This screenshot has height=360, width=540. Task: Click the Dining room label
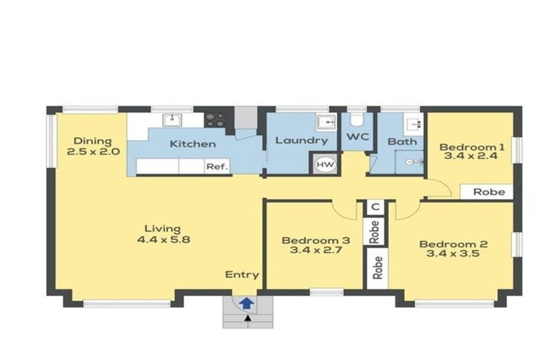coord(93,141)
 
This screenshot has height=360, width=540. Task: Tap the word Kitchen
coord(193,144)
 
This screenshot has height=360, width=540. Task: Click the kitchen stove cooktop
coord(215,120)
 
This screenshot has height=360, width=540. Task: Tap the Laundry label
coord(301,141)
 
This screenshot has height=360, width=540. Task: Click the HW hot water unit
coord(325,164)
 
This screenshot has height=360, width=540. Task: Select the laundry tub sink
coord(326,122)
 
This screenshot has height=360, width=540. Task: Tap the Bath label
coord(402,141)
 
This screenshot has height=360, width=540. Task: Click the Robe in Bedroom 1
coord(488,191)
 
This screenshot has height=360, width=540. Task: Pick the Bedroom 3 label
coord(305,240)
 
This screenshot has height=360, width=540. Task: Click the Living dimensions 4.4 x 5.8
coord(162,239)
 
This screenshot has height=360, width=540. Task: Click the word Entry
coord(241,275)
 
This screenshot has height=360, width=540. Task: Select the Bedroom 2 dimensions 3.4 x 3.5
coord(454,254)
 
